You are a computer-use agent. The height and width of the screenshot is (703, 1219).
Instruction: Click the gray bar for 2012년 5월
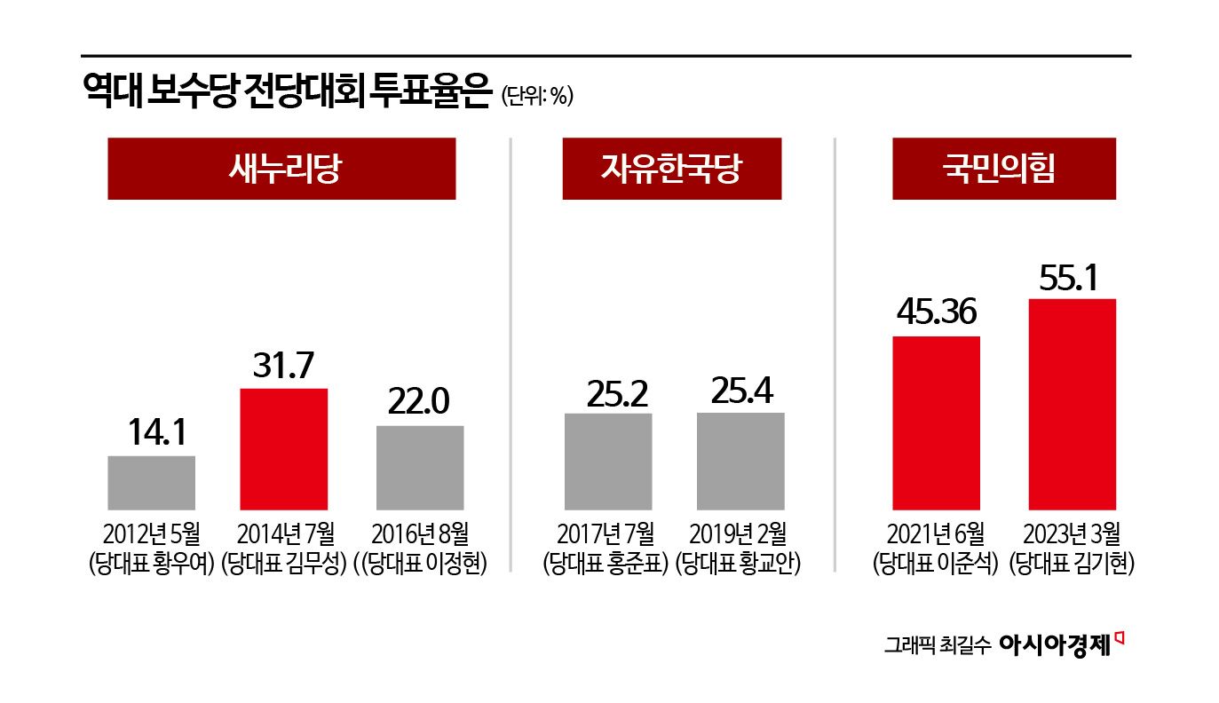click(x=151, y=483)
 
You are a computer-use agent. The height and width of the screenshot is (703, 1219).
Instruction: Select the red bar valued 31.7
click(x=284, y=449)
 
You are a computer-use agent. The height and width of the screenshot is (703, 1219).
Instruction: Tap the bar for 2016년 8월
click(x=419, y=468)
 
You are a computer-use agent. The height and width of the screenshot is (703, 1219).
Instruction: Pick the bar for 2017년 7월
click(x=607, y=462)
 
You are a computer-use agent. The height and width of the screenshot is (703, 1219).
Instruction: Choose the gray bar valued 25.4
click(x=740, y=461)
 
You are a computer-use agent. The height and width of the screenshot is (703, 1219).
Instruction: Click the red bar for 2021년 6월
click(x=936, y=423)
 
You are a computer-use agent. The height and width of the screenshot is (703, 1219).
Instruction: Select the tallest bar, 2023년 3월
click(x=1072, y=404)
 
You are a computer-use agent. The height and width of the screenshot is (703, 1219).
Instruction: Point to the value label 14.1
click(x=151, y=434)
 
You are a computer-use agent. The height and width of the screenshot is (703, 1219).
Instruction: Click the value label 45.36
click(x=936, y=312)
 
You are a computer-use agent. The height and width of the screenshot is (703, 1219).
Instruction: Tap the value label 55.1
click(x=1072, y=277)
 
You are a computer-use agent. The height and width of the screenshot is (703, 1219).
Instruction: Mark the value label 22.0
click(x=419, y=403)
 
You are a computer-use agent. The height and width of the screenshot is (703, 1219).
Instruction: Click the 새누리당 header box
click(x=281, y=169)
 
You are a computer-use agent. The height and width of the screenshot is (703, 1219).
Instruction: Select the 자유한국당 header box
click(x=671, y=169)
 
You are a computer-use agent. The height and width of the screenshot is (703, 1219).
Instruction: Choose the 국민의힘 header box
click(x=1003, y=169)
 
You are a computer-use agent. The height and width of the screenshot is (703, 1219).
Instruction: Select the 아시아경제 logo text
click(x=1055, y=644)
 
